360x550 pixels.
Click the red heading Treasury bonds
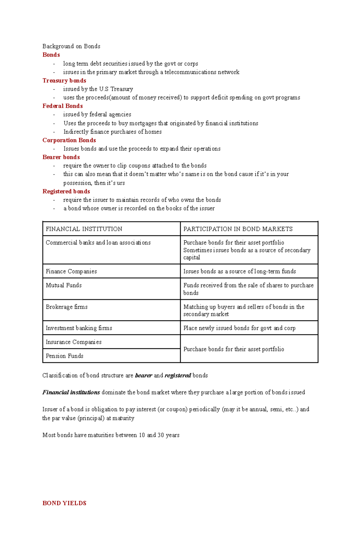[x=64, y=81]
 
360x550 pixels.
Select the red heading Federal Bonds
[x=62, y=106]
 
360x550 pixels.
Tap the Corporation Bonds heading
[x=69, y=140]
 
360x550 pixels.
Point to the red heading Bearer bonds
[x=61, y=157]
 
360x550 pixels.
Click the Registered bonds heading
[x=66, y=191]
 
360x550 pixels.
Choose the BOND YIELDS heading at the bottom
[x=64, y=503]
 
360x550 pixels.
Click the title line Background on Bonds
[x=71, y=46]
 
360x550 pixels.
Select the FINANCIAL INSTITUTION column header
[x=84, y=229]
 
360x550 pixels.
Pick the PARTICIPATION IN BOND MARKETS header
[x=238, y=229]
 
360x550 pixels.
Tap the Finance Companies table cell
[x=71, y=271]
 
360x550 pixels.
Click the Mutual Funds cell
[x=64, y=285]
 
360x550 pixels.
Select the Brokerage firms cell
[x=67, y=307]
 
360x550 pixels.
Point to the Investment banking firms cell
[x=79, y=328]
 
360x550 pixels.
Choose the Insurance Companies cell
[x=73, y=342]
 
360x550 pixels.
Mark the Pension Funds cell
[x=64, y=356]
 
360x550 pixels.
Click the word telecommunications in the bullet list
[x=190, y=72]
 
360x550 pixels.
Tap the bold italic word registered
[x=178, y=376]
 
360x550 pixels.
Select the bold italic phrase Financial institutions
[x=71, y=392]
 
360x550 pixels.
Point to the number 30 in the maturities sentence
[x=160, y=435]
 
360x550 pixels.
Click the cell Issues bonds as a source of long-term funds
[x=239, y=271]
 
